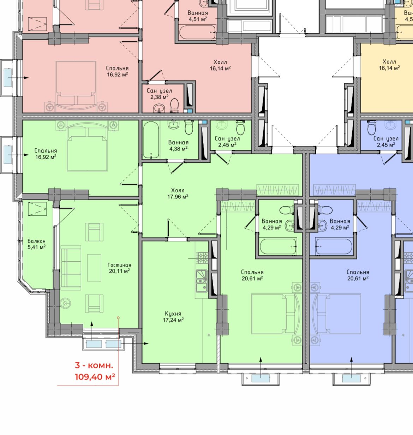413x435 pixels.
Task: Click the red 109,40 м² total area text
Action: pyautogui.click(x=95, y=376)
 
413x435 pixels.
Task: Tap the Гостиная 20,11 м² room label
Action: pyautogui.click(x=119, y=268)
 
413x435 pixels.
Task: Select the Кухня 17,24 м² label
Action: pyautogui.click(x=173, y=317)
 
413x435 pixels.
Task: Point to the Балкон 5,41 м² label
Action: pyautogui.click(x=36, y=244)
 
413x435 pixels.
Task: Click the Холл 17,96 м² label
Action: pyautogui.click(x=178, y=193)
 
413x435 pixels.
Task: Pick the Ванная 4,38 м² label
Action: pyautogui.click(x=179, y=145)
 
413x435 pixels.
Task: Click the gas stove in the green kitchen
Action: pyautogui.click(x=203, y=257)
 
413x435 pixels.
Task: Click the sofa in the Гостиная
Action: pyautogui.click(x=71, y=267)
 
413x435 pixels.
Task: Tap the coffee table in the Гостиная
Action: pyautogui.click(x=94, y=268)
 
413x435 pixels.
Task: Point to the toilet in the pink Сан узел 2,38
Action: pyautogui.click(x=174, y=105)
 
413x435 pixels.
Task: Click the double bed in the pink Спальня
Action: pyautogui.click(x=76, y=87)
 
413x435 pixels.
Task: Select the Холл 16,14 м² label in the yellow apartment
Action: pyautogui.click(x=389, y=65)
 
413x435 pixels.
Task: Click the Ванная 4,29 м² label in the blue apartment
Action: pyautogui.click(x=340, y=224)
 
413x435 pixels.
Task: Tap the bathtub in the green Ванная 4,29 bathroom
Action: pyautogui.click(x=278, y=246)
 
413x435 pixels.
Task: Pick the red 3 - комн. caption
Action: pyautogui.click(x=94, y=365)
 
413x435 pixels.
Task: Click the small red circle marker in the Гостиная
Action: pyautogui.click(x=118, y=318)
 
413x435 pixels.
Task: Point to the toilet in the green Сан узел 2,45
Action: pyautogui.click(x=240, y=127)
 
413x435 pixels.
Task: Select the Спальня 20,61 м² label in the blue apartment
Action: pyautogui.click(x=358, y=275)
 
